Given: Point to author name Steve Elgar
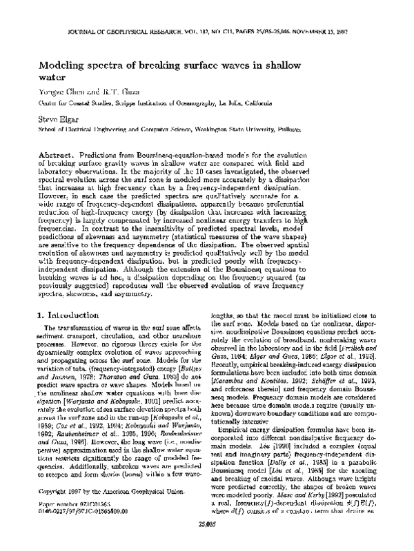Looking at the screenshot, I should [59, 118].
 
